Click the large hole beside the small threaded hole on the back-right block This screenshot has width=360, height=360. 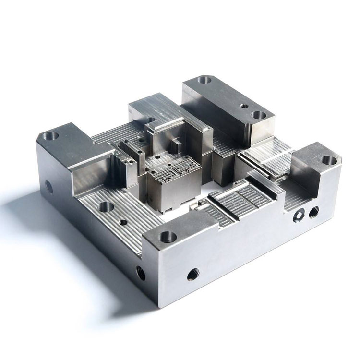click(258, 115)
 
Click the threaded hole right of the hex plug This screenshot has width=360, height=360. click(314, 209)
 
